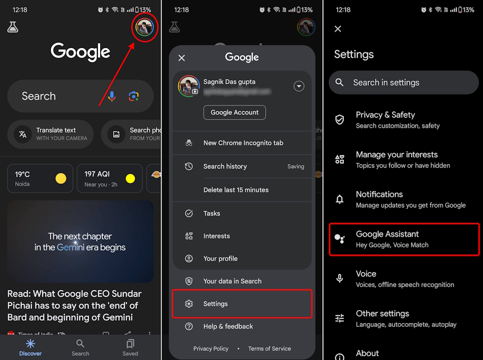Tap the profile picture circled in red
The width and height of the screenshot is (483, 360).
(144, 28)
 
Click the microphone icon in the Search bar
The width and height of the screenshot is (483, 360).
(112, 96)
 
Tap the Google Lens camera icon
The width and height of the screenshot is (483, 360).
(134, 96)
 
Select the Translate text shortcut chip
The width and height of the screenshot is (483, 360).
(50, 134)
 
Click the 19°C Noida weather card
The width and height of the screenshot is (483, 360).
(40, 179)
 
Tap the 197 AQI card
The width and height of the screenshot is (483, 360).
(110, 179)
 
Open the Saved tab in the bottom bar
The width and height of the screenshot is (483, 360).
(130, 347)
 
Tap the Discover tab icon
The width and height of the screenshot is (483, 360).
(30, 344)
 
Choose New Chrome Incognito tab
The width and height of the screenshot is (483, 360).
(243, 143)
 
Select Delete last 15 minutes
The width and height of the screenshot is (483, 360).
(236, 190)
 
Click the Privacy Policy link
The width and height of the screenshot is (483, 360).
(211, 348)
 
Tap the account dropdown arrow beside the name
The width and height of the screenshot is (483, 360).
(299, 86)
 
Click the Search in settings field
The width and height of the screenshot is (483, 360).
(403, 83)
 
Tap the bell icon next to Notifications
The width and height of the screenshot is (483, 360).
(340, 199)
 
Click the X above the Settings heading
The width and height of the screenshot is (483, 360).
(338, 29)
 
